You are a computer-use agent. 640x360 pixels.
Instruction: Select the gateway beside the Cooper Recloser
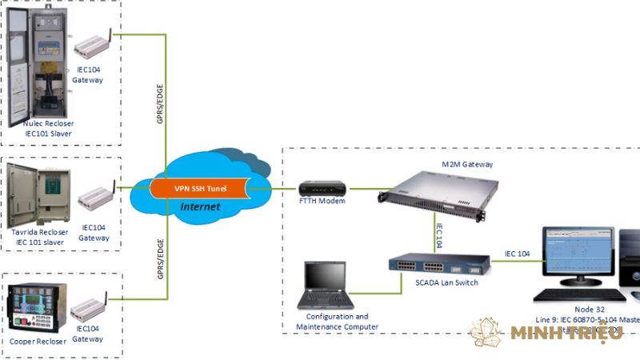[90, 307]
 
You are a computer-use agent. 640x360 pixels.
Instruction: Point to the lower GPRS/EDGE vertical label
[159, 255]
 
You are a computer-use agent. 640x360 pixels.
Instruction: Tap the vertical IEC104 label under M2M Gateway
[439, 233]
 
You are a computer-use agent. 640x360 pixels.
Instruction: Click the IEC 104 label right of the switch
[517, 254]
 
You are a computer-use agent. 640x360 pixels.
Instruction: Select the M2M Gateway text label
[467, 164]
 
